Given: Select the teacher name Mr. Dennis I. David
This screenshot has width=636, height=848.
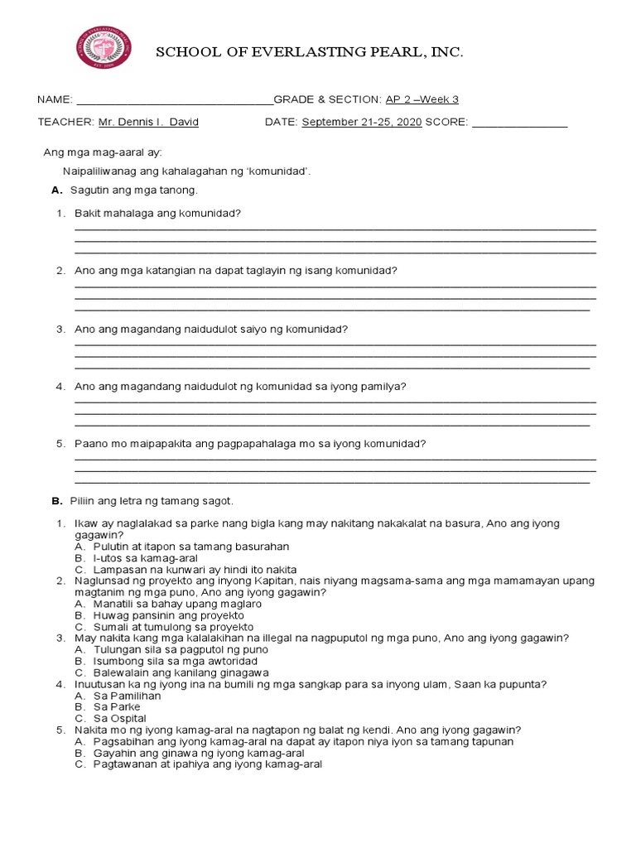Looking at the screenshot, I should click(148, 123).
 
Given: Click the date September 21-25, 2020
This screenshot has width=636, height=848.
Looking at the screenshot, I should click(362, 123).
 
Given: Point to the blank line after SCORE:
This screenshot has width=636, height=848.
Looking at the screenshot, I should click(518, 124).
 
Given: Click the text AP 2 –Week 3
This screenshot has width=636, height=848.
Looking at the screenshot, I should click(422, 100).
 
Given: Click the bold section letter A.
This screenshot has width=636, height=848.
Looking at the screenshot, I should click(56, 190).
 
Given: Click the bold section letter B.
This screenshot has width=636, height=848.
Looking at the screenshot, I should click(56, 501).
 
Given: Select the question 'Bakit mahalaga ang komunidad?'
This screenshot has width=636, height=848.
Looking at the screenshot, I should click(157, 214).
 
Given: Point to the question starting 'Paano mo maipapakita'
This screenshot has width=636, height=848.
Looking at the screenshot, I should click(249, 444).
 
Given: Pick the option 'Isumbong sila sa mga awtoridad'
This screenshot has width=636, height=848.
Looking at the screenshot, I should click(176, 662).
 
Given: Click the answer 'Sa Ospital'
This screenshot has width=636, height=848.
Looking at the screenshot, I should click(122, 718).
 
